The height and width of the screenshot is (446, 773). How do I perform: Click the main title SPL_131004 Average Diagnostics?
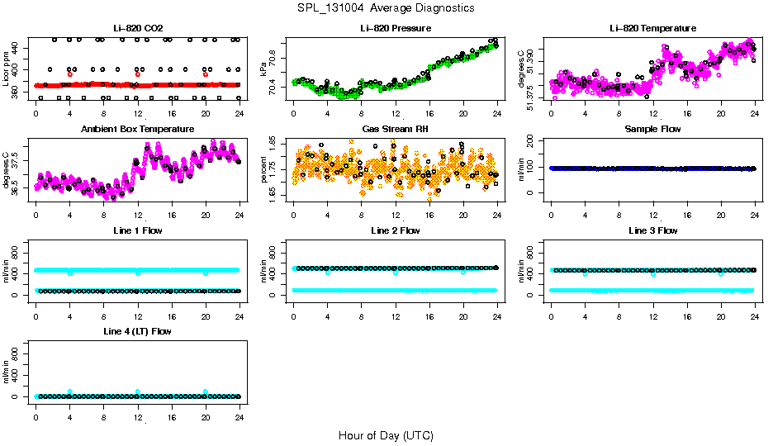point(386,7)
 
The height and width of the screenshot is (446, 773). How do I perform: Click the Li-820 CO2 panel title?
point(137,28)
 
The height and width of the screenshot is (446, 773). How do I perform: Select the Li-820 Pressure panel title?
point(395,28)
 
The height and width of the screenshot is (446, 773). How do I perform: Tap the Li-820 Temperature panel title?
point(652,28)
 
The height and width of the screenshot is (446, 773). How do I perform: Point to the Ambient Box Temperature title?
point(137,130)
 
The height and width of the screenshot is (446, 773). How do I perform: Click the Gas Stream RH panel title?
point(395,130)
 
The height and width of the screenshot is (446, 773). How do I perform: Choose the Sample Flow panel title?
point(652,130)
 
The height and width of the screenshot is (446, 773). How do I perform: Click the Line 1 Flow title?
point(137,230)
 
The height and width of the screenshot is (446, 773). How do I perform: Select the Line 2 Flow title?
point(395,230)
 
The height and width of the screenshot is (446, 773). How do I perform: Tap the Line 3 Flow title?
point(652,230)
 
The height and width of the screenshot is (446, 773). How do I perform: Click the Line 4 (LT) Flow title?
point(137,331)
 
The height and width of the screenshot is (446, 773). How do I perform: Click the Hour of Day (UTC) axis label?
point(386,434)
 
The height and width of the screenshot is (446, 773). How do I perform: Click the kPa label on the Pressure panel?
point(263,69)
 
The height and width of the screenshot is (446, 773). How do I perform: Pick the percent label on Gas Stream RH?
point(263,169)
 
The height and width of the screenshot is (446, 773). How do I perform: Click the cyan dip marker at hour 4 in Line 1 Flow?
point(70,273)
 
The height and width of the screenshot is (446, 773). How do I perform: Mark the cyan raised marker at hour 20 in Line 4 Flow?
point(206,391)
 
